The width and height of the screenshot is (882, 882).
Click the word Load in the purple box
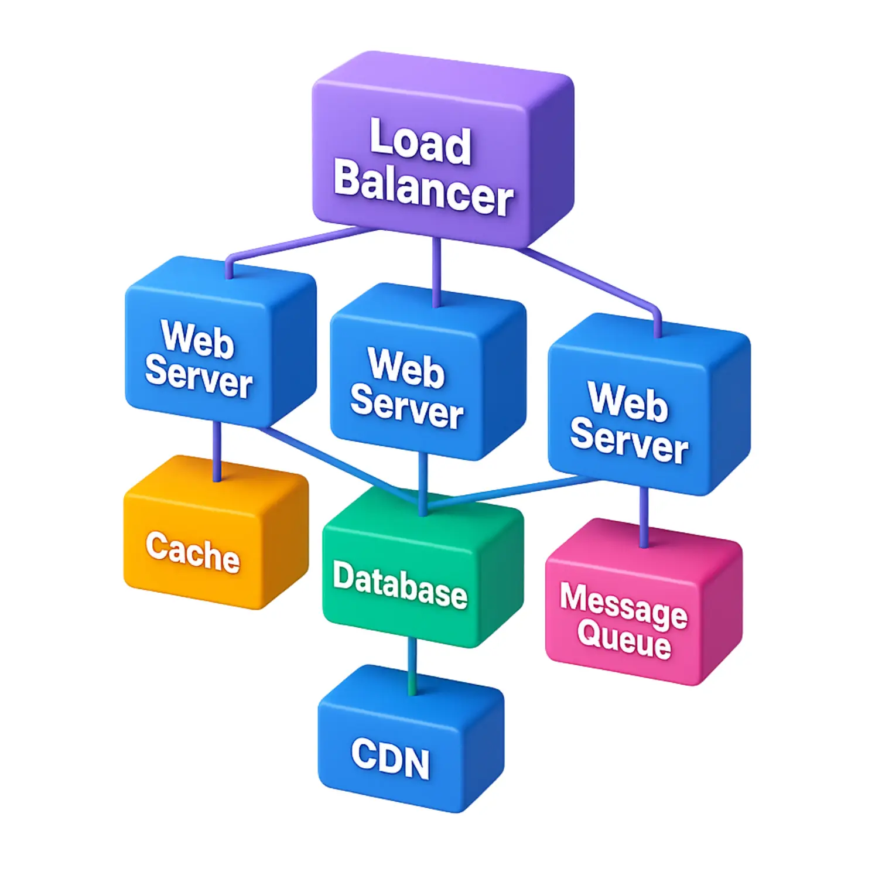point(421,141)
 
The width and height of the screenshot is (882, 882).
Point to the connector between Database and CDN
point(412,665)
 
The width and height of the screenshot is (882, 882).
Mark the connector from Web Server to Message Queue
point(644,515)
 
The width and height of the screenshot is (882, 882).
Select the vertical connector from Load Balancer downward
point(436,269)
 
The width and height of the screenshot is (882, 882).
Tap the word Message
point(623,604)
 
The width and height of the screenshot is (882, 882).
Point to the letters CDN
point(391,759)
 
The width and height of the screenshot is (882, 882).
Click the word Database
point(400,584)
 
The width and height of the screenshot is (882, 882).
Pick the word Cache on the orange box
point(193,551)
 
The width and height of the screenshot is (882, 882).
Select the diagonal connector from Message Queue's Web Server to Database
point(515,490)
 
